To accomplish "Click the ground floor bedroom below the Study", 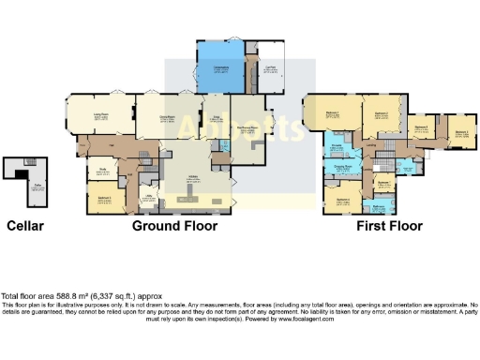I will [105, 198].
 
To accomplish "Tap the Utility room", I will [148, 196].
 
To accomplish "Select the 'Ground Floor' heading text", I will [174, 226].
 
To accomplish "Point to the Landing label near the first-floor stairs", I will [371, 145].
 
